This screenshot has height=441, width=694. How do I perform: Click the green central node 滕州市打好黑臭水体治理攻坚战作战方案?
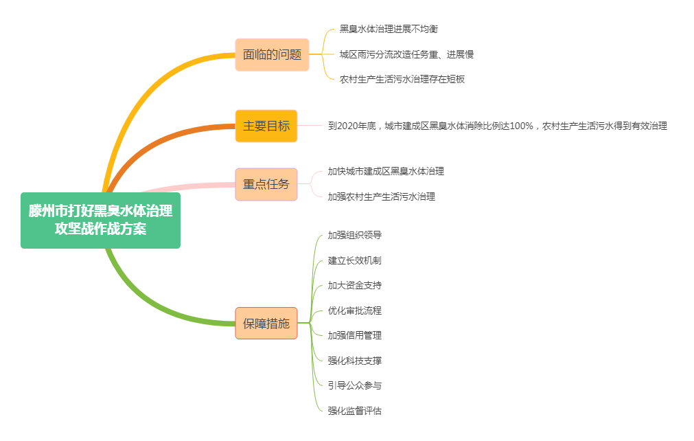coord(100,220)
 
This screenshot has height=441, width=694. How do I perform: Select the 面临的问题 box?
coord(272,54)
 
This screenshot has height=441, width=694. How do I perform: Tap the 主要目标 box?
coord(266,126)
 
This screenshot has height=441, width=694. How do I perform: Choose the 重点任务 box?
coord(266,184)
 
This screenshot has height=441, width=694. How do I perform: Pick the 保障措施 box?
coord(266,323)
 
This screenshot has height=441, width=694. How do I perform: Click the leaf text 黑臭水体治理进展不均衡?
coord(389,29)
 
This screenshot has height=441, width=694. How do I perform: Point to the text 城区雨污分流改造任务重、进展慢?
coord(406,54)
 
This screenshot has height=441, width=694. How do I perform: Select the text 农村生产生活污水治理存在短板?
coord(402,79)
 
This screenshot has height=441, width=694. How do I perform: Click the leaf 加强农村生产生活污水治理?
coord(381,196)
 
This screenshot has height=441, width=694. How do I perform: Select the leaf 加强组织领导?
coord(354,235)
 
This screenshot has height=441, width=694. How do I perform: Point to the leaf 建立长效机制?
coord(354,260)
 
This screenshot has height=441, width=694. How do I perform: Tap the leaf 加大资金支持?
coord(354,285)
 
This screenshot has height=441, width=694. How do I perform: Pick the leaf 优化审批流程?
coord(354,310)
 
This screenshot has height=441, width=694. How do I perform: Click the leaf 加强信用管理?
coord(354,335)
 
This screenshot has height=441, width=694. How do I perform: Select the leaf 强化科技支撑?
coord(354,361)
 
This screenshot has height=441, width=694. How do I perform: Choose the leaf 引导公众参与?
coord(354,385)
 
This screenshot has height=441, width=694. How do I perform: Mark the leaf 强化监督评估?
coord(354,411)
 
